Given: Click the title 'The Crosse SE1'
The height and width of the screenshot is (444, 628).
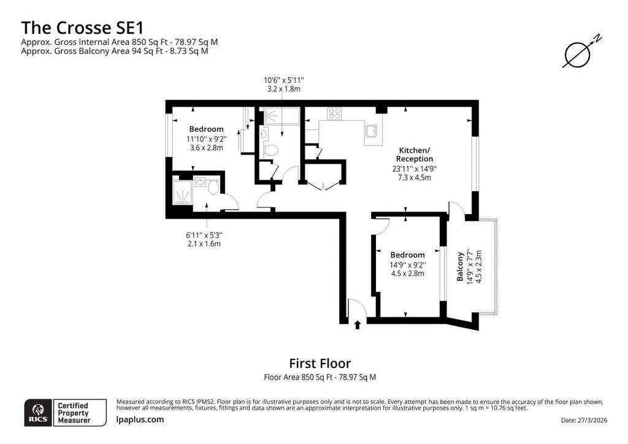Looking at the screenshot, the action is (82, 28).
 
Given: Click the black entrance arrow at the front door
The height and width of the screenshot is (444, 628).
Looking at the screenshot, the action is (358, 324).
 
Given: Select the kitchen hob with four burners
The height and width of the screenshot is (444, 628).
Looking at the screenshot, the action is (334, 113).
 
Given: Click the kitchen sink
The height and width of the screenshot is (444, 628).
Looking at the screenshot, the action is (371, 131).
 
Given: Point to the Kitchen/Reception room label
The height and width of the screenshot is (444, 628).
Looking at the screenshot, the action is (414, 155).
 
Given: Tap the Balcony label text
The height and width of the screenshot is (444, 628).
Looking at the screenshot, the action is (460, 266).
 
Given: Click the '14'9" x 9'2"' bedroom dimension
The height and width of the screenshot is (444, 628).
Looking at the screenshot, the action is (407, 265).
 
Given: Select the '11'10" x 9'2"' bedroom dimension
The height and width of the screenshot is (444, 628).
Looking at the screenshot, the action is (206, 139).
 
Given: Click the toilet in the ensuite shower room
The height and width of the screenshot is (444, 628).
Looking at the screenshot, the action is (213, 186).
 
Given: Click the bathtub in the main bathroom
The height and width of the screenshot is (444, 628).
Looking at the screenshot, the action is (282, 116).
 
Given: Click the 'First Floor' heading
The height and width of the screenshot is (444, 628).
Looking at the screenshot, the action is (320, 364).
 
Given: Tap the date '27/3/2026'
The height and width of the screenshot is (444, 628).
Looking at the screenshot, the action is (593, 420).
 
